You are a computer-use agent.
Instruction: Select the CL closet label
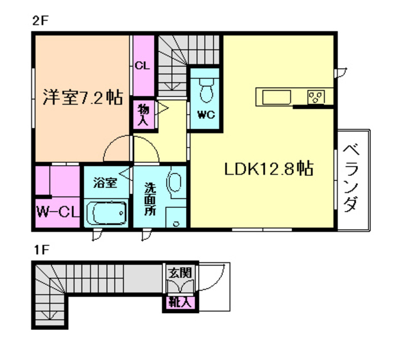(x=142, y=64)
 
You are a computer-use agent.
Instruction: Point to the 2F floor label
(x=41, y=20)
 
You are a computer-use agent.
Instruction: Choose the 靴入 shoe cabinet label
(x=180, y=303)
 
